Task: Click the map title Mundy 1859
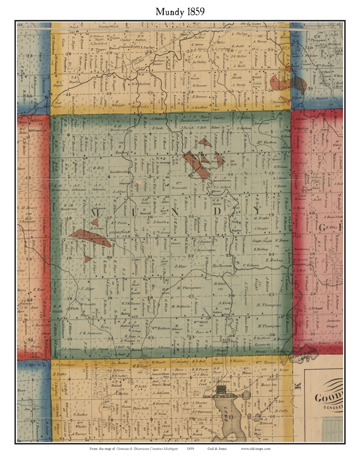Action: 180,12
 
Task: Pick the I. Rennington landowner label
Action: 204,249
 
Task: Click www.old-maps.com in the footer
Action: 256,449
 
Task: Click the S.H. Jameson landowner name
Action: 90,333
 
